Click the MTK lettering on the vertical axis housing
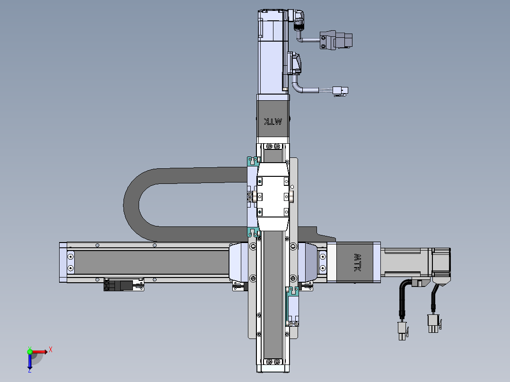click(x=273, y=122)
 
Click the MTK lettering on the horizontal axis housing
click(x=357, y=263)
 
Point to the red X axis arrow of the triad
click(x=39, y=352)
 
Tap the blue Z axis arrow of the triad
click(x=30, y=361)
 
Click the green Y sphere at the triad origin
click(x=30, y=351)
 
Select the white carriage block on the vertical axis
click(x=273, y=197)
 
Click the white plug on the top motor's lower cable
click(x=340, y=91)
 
